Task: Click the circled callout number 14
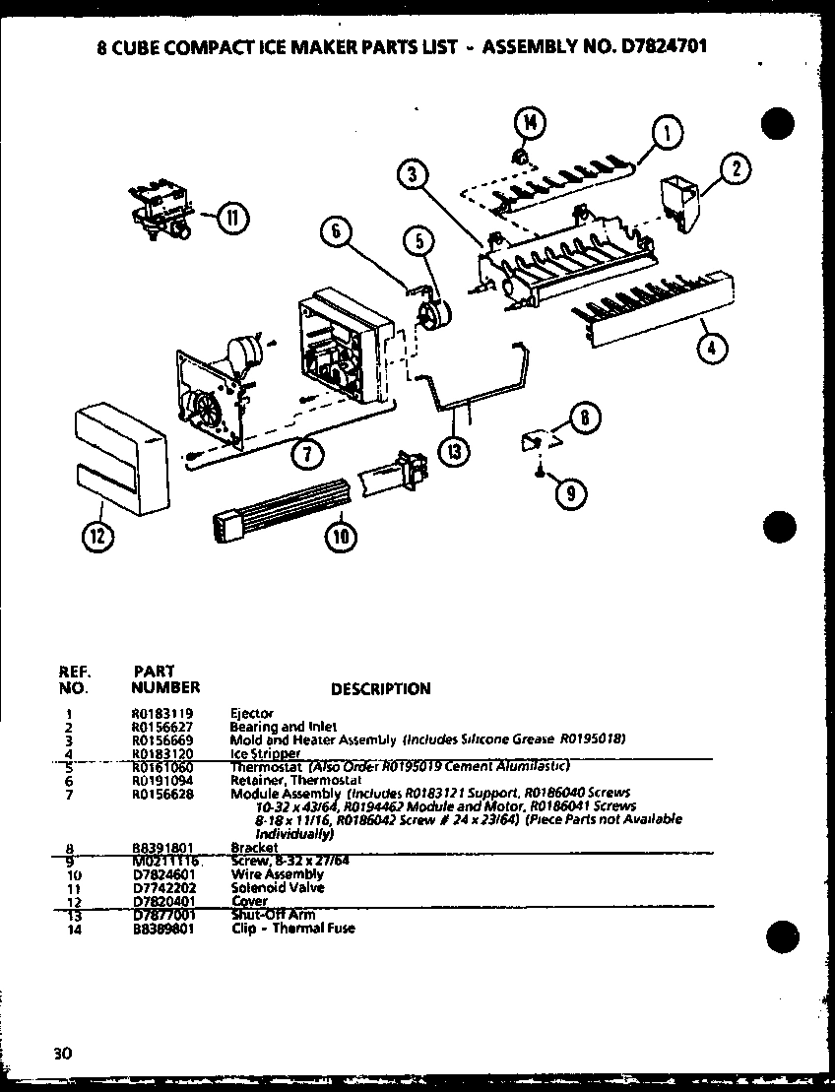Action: coord(529,123)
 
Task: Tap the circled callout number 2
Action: coord(736,169)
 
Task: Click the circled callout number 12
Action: coord(97,537)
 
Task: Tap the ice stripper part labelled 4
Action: coord(651,309)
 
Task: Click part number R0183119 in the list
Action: coord(161,712)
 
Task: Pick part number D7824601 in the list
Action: coord(162,873)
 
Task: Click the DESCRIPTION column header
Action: coord(380,689)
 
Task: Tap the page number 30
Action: coord(63,1053)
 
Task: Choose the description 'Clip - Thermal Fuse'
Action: coord(292,928)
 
